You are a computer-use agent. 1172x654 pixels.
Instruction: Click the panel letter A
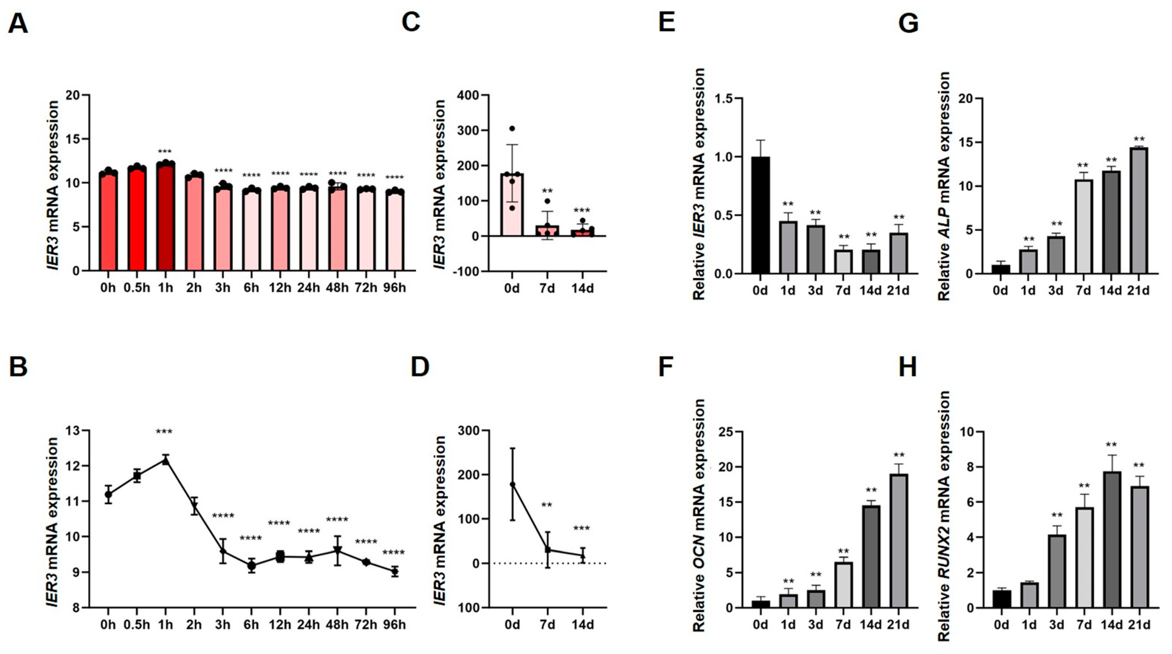click(18, 23)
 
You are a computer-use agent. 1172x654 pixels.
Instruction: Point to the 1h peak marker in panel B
click(166, 461)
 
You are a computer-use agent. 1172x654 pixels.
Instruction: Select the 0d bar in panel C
click(512, 205)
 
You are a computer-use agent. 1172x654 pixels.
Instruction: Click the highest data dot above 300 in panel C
click(512, 129)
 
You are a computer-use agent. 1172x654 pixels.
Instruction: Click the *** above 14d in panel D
click(582, 529)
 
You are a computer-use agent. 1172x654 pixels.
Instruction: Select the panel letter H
click(908, 367)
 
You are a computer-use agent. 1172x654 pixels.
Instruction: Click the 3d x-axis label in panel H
click(1055, 625)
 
